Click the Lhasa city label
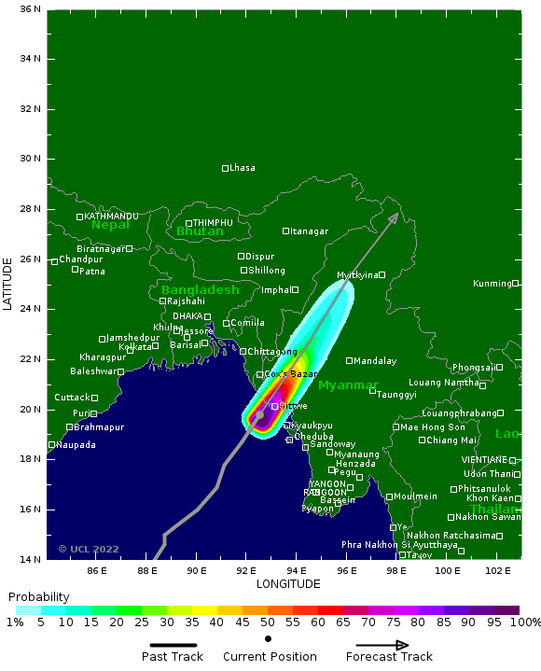243,168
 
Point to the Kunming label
492,284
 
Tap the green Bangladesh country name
200,290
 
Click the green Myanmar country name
348,385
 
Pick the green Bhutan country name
200,231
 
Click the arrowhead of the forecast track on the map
395,217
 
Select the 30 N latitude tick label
31,159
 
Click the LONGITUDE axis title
287,584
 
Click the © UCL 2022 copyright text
89,550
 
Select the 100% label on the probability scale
525,622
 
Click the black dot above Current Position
269,639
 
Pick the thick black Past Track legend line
173,644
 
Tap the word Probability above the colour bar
38,597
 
